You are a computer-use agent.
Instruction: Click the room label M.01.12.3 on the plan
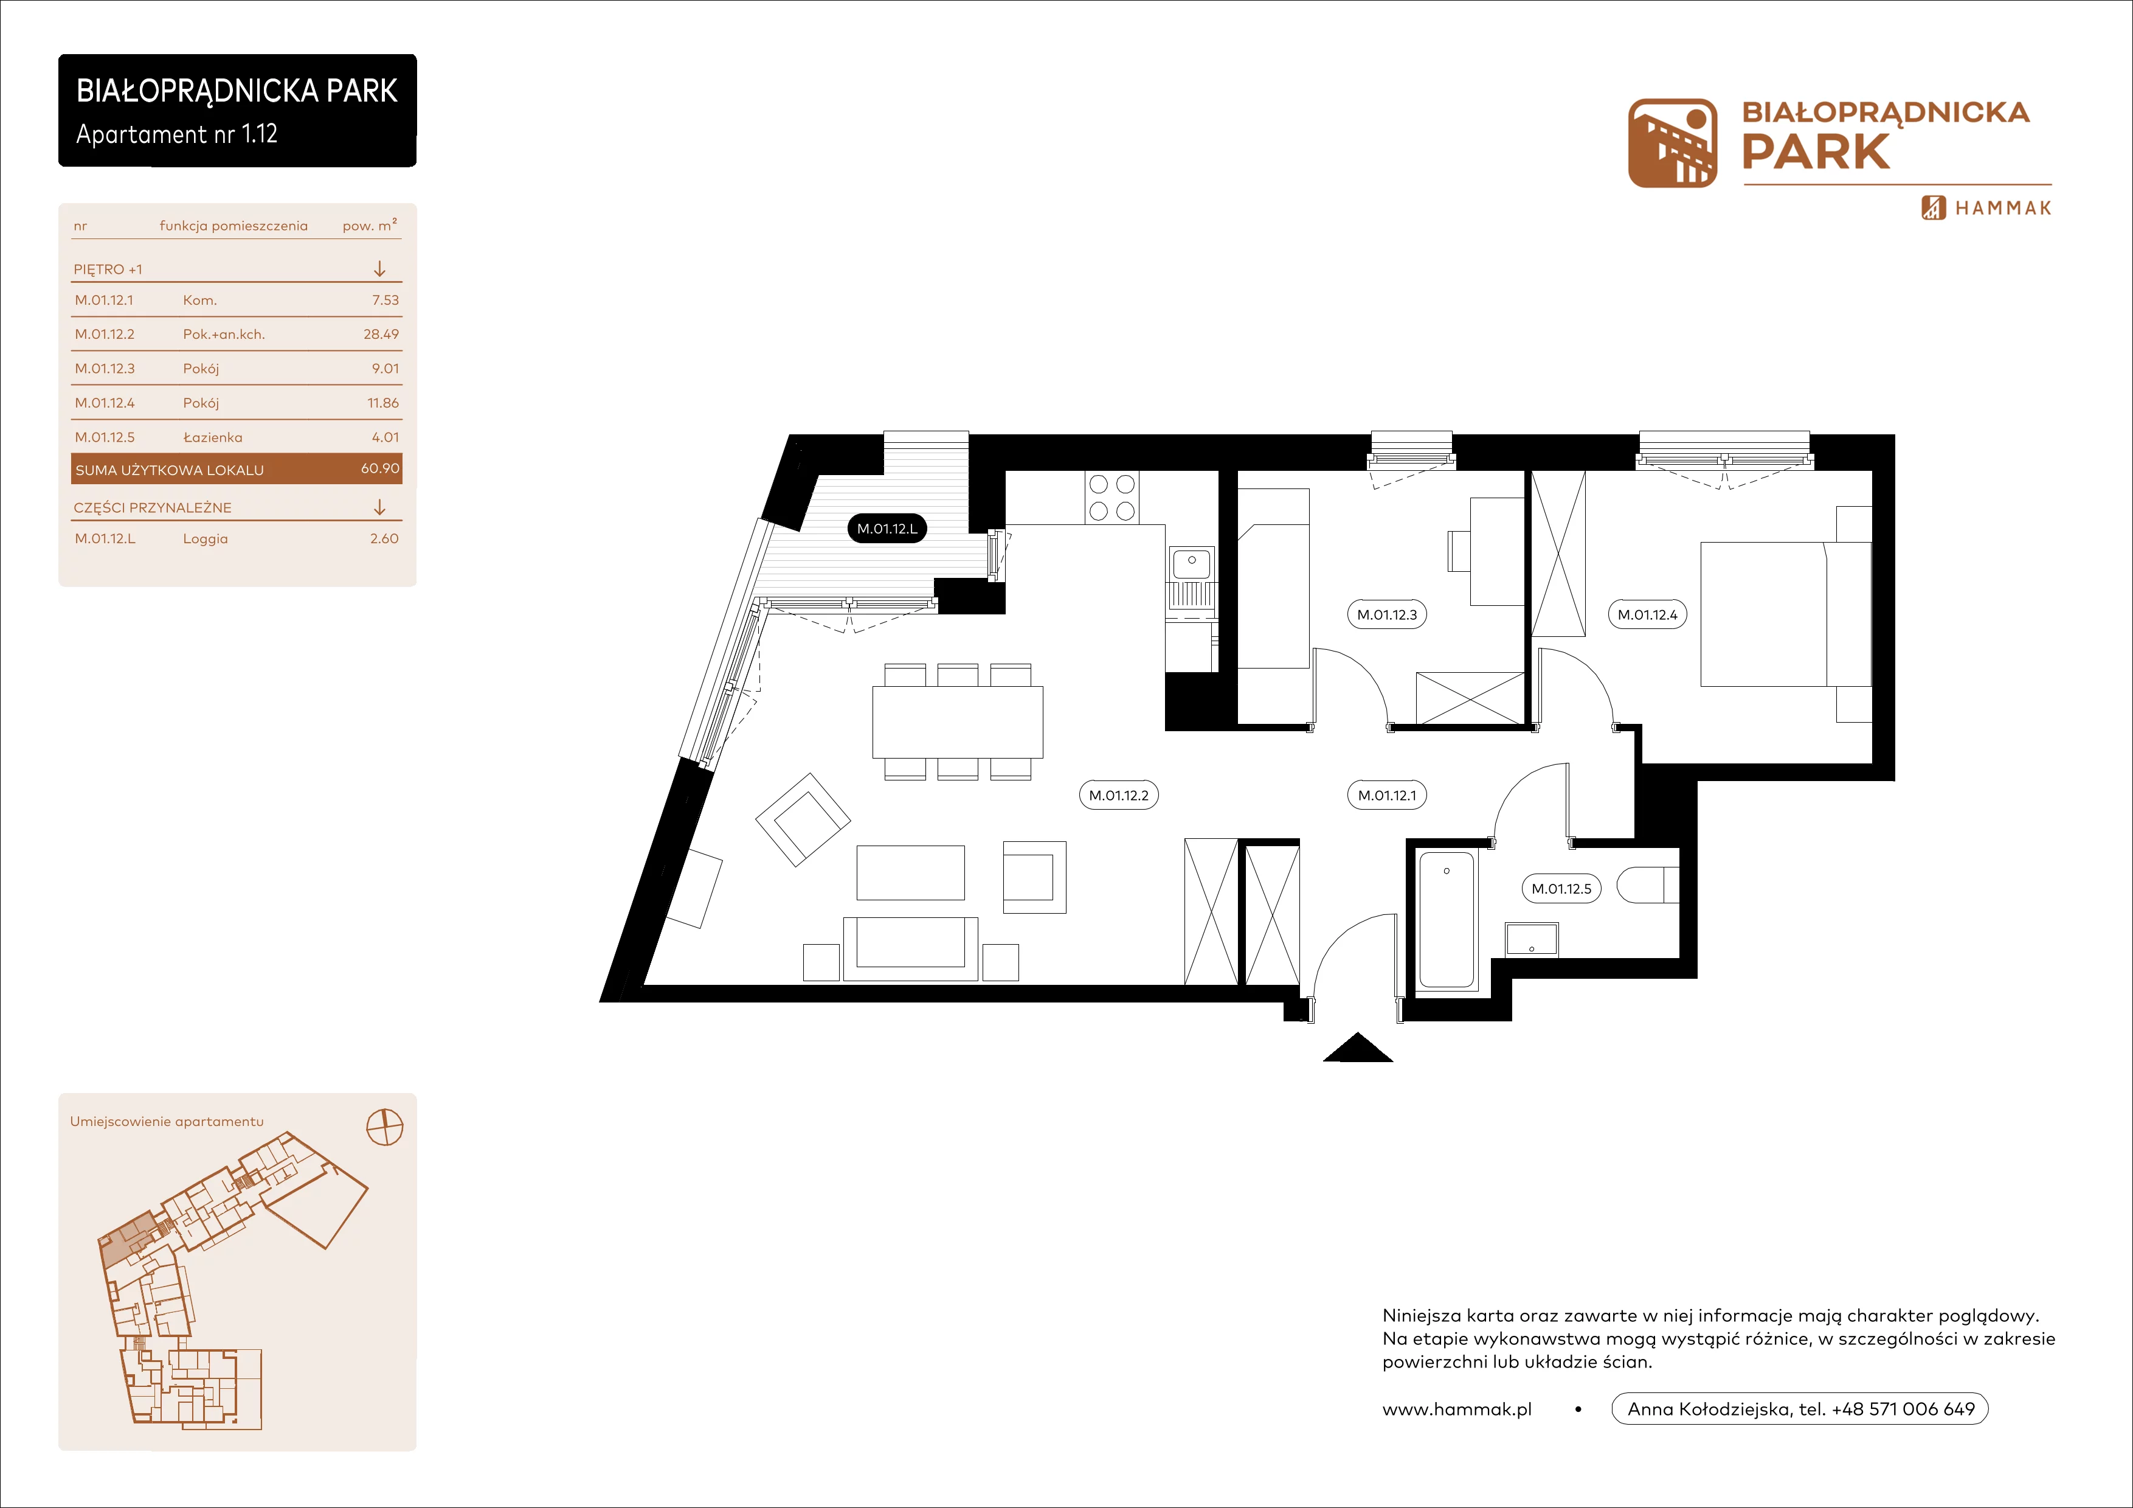[x=1386, y=614]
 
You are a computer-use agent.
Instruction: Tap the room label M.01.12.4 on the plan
[x=1647, y=614]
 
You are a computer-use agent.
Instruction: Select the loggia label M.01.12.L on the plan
[x=887, y=529]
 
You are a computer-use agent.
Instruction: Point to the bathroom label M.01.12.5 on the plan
[x=1561, y=888]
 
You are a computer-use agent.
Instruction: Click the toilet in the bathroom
[x=1648, y=884]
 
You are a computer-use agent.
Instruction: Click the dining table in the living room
[x=957, y=722]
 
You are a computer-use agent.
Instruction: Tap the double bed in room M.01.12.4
[x=1785, y=614]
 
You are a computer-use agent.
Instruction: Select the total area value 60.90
[x=380, y=468]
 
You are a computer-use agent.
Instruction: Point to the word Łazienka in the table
[x=213, y=437]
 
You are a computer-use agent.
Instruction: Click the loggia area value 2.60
[x=384, y=538]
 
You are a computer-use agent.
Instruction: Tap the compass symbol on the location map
[x=385, y=1127]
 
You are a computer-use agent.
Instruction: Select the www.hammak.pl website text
[x=1457, y=1409]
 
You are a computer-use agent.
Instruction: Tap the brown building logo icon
[x=1672, y=143]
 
